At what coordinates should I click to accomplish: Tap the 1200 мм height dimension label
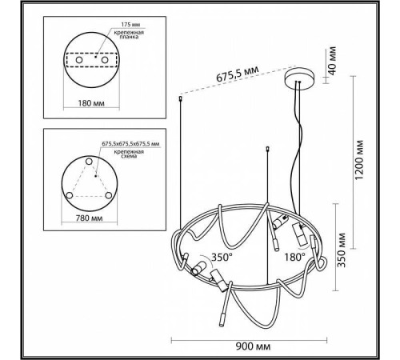359,160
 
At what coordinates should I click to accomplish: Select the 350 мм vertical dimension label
342,250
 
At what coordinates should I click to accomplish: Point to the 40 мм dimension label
331,61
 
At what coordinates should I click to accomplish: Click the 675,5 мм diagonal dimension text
238,74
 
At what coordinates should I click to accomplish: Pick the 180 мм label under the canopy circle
91,103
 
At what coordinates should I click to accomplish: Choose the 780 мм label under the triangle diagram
89,218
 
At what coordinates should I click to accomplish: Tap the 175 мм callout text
130,25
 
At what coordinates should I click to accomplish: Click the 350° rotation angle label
222,257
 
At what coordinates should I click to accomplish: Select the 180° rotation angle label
294,257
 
